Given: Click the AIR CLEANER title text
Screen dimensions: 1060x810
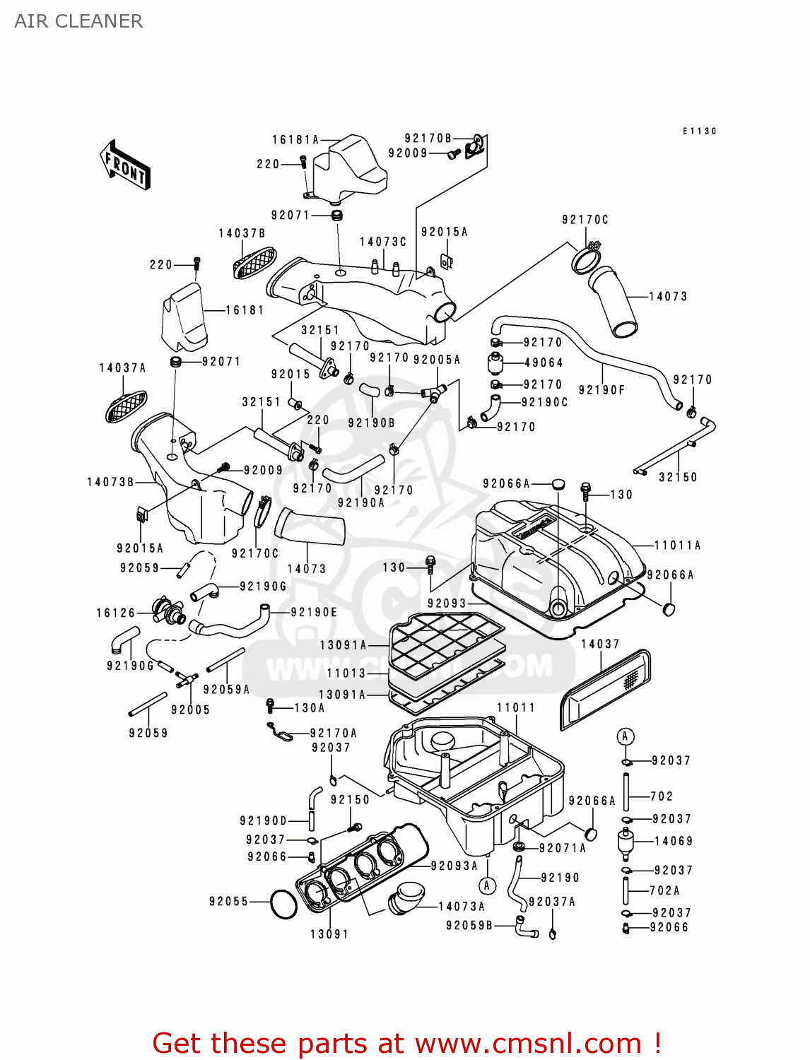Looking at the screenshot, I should (78, 21).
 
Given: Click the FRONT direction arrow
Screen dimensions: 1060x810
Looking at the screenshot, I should (125, 165).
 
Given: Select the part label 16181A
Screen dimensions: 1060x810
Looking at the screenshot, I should (295, 140).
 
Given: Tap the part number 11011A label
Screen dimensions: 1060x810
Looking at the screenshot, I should (677, 545).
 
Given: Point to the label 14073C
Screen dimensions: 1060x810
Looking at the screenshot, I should (383, 242).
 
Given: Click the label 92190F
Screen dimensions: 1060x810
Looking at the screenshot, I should (601, 389).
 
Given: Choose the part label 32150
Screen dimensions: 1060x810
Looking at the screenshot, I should (678, 477).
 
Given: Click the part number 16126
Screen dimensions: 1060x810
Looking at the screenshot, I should (115, 613).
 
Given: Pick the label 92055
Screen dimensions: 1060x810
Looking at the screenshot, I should (229, 901).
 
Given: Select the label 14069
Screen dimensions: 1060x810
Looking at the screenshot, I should (674, 841).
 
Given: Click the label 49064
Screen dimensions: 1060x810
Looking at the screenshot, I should (544, 363).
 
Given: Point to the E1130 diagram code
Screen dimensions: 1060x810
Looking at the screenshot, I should (700, 131).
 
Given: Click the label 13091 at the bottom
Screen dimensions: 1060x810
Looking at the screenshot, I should (329, 934).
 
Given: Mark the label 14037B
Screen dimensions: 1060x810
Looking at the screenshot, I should (242, 233).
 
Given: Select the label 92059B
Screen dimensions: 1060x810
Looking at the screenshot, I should (469, 925).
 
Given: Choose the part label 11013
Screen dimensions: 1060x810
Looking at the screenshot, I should (346, 673).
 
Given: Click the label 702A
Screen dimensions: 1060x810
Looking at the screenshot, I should (664, 890).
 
